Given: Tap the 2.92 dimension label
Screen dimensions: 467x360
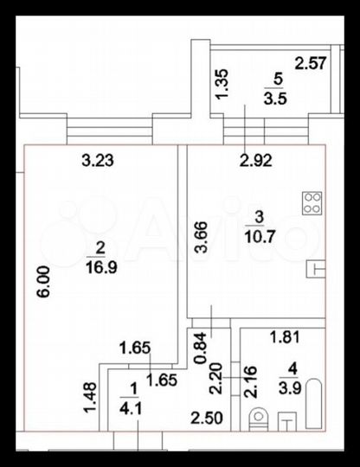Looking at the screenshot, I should pos(257,159).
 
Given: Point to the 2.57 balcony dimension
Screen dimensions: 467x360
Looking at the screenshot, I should pos(310,61).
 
